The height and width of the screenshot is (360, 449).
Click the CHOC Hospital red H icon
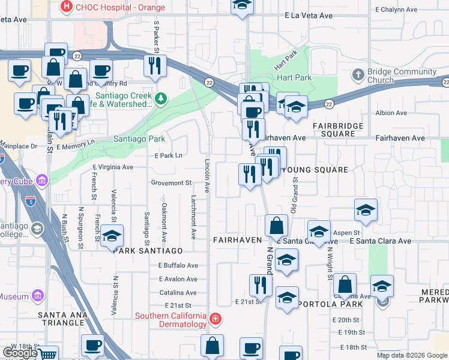pos(67,8)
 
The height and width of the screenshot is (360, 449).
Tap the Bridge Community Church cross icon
pos(358,75)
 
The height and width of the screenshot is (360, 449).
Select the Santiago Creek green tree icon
pos(160,98)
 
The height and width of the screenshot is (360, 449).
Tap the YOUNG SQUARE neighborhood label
pos(314,170)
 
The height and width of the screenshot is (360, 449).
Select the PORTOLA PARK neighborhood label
pos(330,304)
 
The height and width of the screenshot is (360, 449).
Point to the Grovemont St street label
pos(170,182)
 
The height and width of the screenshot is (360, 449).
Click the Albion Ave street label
pos(391,113)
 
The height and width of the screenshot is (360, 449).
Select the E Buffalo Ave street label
pos(178,265)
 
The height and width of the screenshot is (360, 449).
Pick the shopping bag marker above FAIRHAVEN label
pos(276,226)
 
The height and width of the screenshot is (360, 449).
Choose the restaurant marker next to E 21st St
pos(260,284)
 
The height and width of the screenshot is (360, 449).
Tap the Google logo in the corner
pos(19,353)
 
